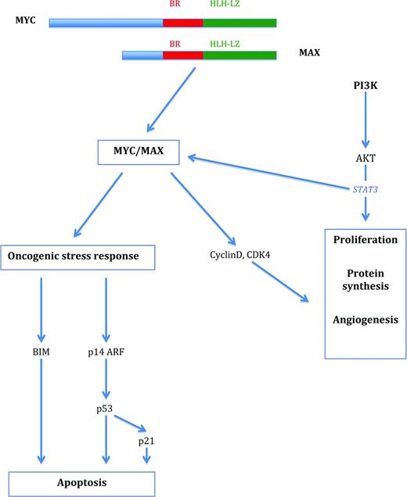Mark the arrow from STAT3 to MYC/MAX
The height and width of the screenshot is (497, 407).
tap(266, 170)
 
